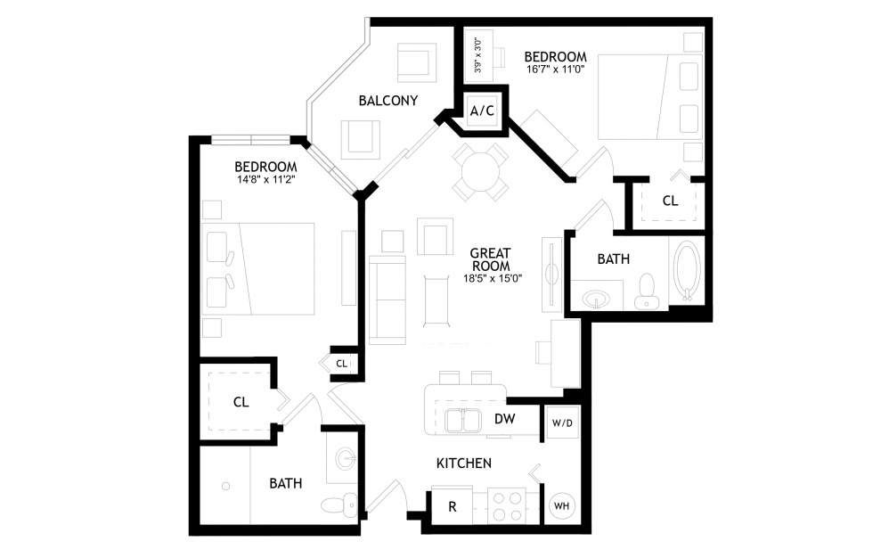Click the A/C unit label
coord(482,111)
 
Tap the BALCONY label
coord(388,101)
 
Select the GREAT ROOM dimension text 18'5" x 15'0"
coord(492,278)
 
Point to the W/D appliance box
coord(562,423)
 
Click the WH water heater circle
coord(561,505)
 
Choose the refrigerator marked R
coord(452,506)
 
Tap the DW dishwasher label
coord(504,419)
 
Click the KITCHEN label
coord(464,464)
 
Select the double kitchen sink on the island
coord(463,421)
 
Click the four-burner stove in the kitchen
coord(507,506)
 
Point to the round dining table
coord(480,171)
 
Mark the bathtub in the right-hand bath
coord(687,272)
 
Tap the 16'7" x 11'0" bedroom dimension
coord(556,70)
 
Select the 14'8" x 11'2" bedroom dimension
coord(266,179)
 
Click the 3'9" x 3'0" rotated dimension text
coord(478,55)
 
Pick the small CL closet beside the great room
coord(341,364)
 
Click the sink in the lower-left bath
coord(346,458)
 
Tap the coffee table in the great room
coord(436,300)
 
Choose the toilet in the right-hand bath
coord(646,291)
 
